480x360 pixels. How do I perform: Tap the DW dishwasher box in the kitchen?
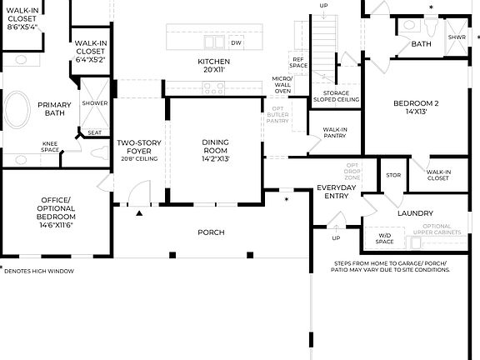click(x=236, y=42)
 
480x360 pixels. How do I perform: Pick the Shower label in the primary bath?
click(x=94, y=103)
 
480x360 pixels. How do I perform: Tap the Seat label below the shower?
click(x=94, y=132)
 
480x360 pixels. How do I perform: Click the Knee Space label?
click(x=51, y=147)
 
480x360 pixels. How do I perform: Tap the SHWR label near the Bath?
click(x=457, y=37)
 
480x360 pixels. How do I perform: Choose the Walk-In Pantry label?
click(x=335, y=133)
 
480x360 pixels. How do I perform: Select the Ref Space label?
click(x=297, y=62)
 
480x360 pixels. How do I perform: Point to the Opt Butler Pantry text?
click(x=277, y=117)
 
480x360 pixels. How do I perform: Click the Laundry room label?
click(x=415, y=213)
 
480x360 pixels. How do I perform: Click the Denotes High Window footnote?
click(x=39, y=271)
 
